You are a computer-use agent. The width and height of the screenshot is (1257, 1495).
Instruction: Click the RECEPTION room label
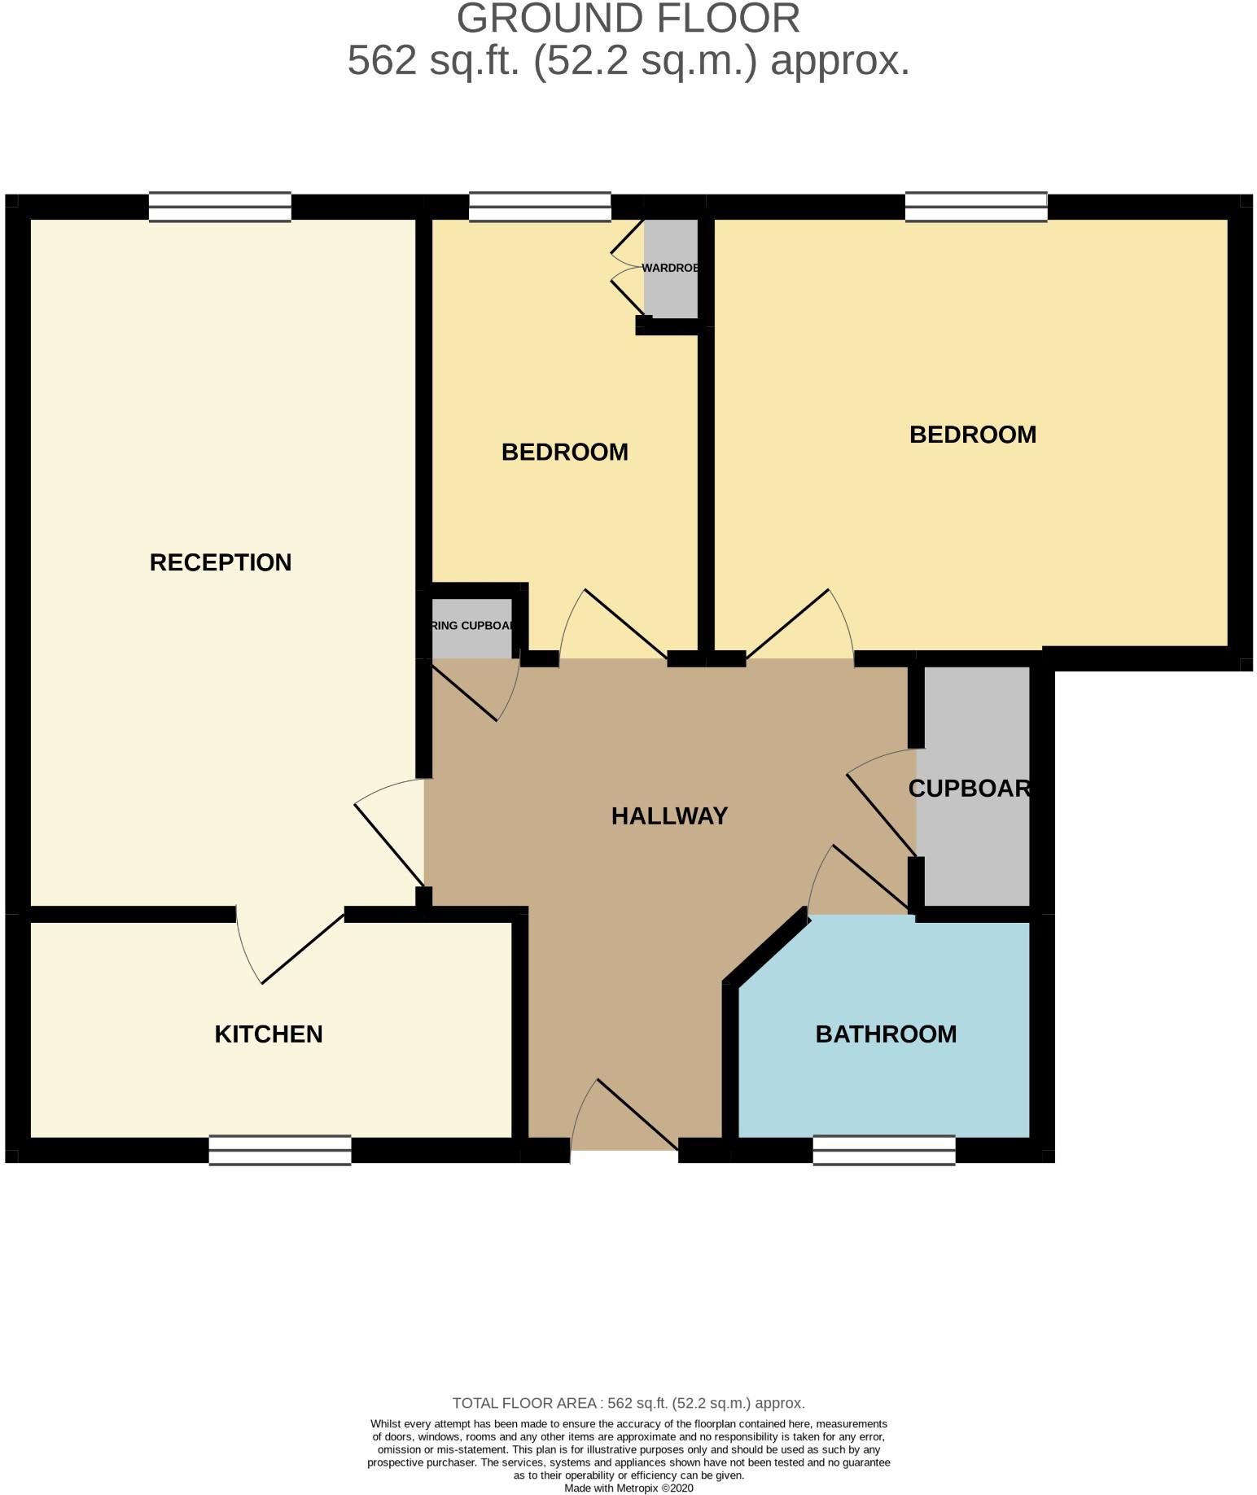[221, 562]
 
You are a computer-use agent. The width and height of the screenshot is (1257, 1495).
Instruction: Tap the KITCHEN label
[269, 1034]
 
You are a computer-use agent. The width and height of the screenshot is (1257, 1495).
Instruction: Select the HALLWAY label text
[669, 815]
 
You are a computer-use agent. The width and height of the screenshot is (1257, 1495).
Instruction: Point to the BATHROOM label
[886, 1034]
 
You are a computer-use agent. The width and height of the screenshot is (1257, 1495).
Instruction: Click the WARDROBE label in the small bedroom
[671, 268]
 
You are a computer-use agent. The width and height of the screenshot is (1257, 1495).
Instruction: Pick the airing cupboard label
[472, 626]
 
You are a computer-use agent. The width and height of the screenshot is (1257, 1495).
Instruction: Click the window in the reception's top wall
[220, 207]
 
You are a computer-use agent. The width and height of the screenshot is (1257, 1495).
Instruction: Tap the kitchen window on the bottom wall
[280, 1150]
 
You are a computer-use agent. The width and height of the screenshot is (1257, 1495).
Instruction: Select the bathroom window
[884, 1150]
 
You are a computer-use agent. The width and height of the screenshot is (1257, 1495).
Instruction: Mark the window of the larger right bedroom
[976, 207]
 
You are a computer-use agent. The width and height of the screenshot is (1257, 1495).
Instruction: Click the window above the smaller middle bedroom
[540, 207]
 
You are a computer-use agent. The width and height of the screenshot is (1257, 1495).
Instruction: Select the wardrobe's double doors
[627, 268]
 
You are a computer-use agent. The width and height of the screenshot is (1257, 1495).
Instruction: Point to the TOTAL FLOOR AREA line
[628, 1403]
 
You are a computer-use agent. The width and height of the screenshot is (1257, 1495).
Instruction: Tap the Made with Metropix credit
[628, 1488]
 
